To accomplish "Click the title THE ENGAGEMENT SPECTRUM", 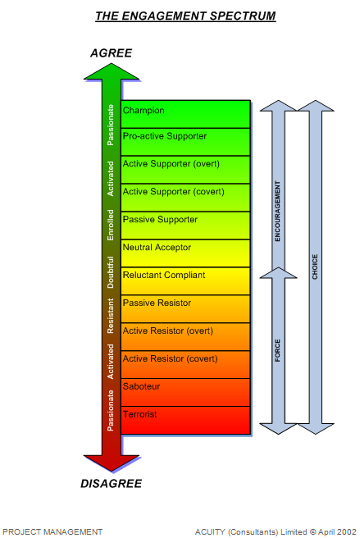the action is tap(185, 16).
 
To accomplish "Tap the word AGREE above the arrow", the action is tap(112, 53).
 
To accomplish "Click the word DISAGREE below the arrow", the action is tap(112, 483).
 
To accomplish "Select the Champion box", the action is tap(185, 114).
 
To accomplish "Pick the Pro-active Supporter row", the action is tap(185, 142).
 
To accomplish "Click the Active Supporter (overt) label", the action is tap(171, 164).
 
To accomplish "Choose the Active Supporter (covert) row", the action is tap(185, 198).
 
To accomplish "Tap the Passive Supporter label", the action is tap(160, 220).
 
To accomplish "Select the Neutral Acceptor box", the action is tap(185, 253).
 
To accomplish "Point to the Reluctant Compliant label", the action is tap(164, 276).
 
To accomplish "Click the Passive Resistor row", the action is tap(185, 309).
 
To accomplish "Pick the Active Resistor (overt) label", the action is tap(168, 331).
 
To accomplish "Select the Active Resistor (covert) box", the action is tap(185, 364).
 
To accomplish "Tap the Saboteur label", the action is tap(141, 386).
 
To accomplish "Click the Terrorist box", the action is tap(185, 420).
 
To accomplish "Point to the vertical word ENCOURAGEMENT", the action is tap(278, 211).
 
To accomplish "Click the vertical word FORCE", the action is tap(278, 350).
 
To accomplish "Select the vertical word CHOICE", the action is tap(315, 267).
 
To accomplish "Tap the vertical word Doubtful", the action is tap(110, 272).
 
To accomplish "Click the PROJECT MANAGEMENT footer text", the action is tap(52, 531).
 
